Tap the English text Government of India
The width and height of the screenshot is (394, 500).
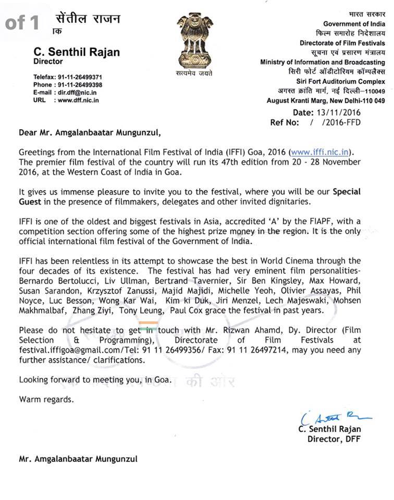(x=354, y=24)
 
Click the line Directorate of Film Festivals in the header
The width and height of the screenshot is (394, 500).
(x=342, y=43)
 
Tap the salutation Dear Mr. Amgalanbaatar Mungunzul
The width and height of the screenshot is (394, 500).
(x=90, y=132)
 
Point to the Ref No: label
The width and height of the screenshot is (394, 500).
(x=285, y=122)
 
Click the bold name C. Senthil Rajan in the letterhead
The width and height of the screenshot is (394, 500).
(x=77, y=52)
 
